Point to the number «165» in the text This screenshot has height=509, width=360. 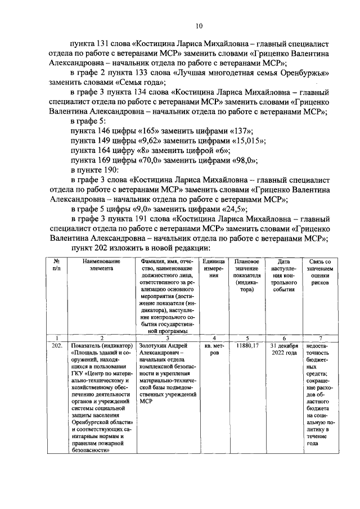[129, 130]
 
